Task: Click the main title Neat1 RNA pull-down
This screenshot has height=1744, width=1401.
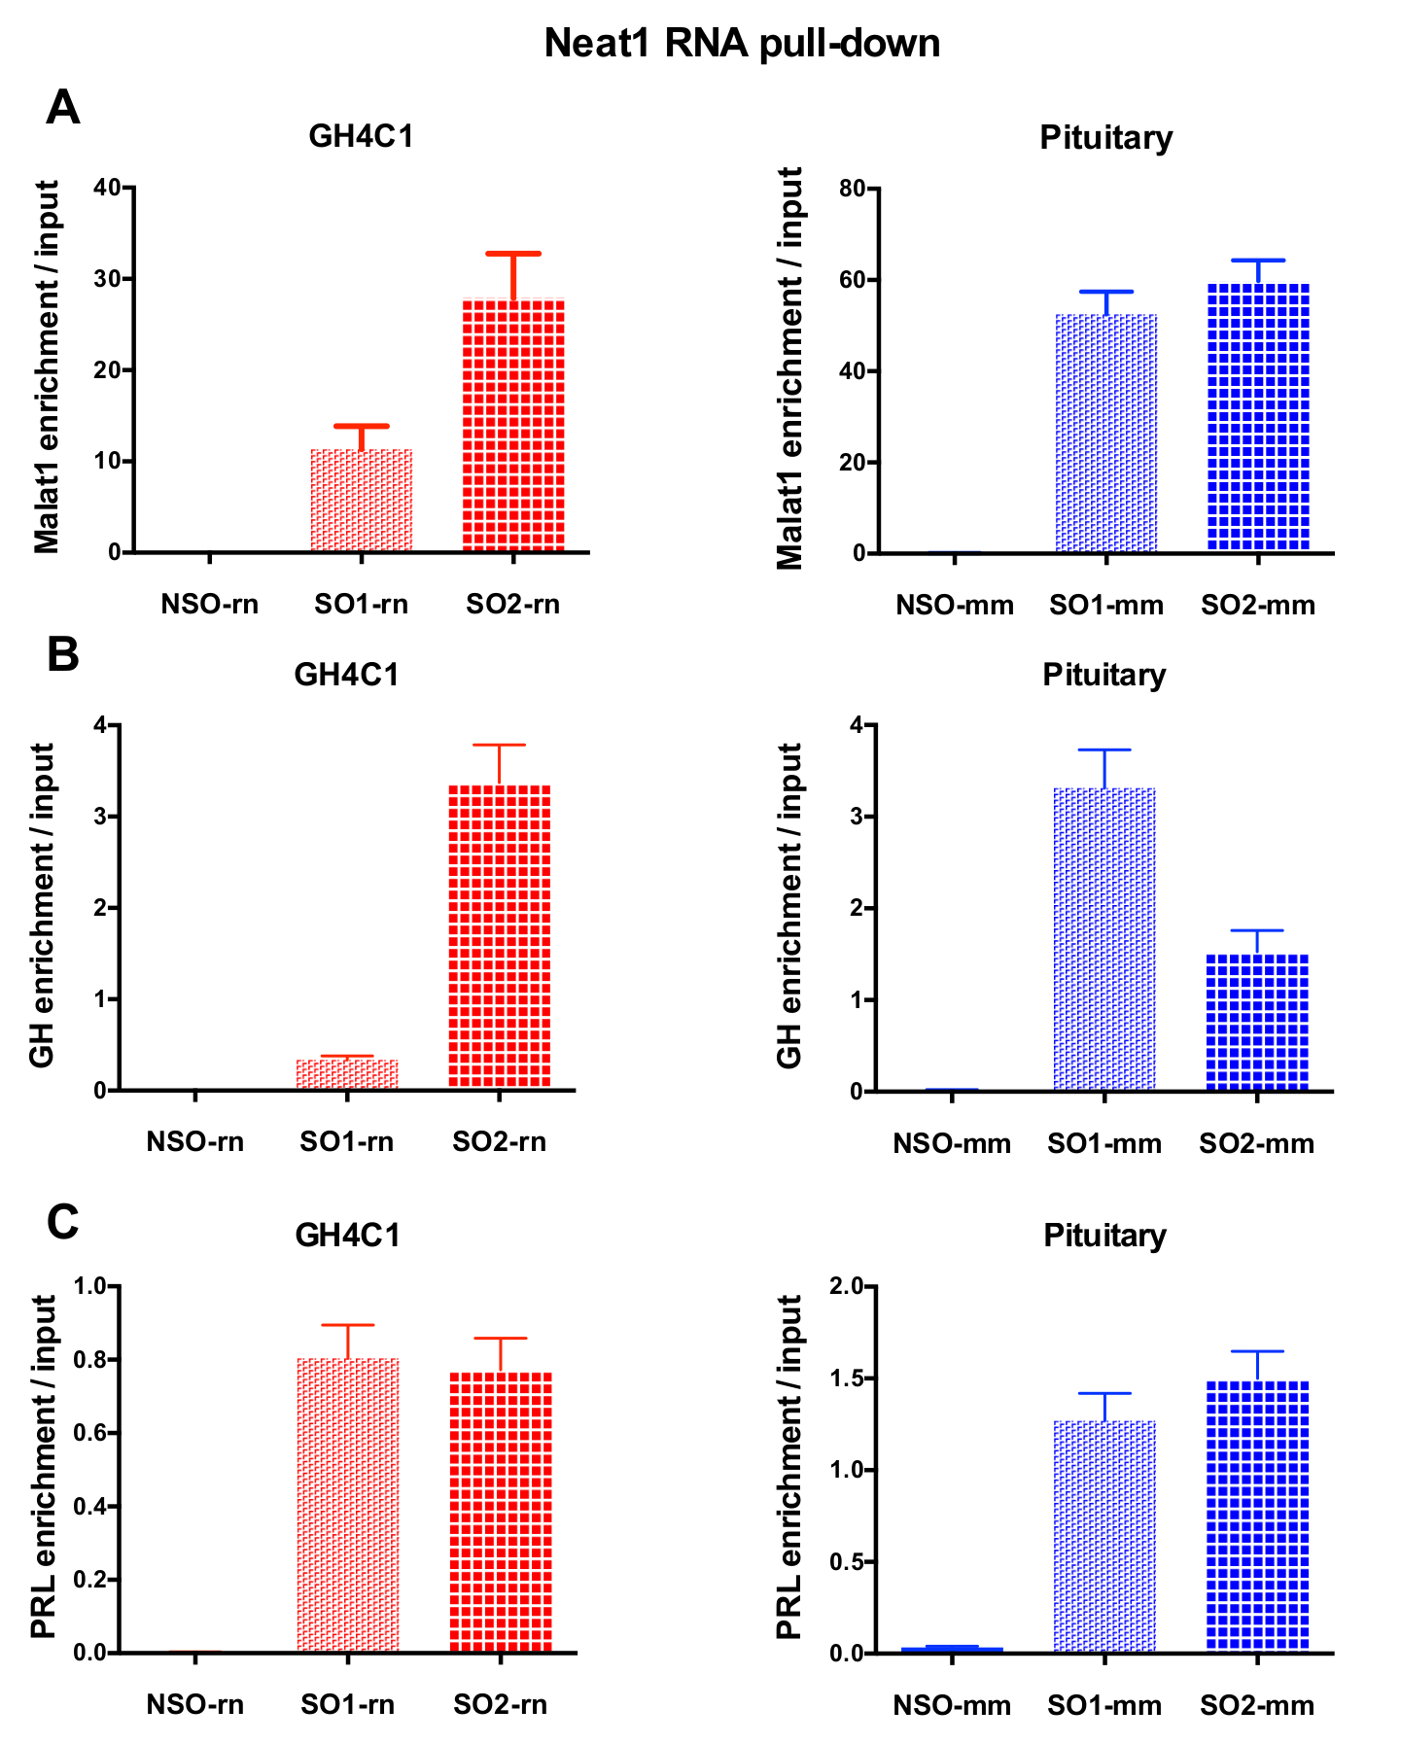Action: click(742, 44)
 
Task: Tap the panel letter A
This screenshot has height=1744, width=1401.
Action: click(63, 107)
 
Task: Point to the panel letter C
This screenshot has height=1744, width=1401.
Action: click(63, 1222)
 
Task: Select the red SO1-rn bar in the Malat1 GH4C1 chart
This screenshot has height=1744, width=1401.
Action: click(362, 501)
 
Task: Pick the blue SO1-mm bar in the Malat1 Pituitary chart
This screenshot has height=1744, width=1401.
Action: click(1106, 434)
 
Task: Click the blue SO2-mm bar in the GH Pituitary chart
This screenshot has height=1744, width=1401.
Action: click(1257, 1022)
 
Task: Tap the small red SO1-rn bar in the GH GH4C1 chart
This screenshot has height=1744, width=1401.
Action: click(347, 1074)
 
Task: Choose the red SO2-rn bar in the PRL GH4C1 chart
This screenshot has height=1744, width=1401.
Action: click(501, 1512)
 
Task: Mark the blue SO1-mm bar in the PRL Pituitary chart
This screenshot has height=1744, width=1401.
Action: click(1105, 1536)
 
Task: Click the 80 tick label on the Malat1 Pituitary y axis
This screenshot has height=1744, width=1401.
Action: click(853, 188)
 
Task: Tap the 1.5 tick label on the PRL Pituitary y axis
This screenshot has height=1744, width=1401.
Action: click(847, 1378)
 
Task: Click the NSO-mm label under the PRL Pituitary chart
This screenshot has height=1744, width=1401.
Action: click(952, 1705)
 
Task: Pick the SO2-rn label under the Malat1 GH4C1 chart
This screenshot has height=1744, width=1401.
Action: click(512, 605)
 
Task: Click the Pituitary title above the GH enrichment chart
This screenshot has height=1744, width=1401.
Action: click(1103, 675)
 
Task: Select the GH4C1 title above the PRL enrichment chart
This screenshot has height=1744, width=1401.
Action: click(347, 1236)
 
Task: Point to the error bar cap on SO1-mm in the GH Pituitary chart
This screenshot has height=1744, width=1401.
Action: click(1105, 750)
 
